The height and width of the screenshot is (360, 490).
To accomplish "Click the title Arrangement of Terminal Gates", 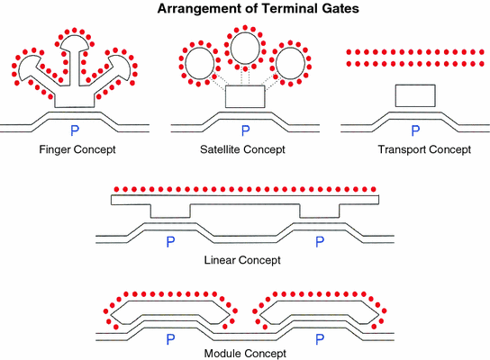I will point(245,11).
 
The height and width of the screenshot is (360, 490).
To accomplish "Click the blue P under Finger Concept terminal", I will point(81,130).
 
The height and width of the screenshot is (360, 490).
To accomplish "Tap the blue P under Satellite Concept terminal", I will point(245,130).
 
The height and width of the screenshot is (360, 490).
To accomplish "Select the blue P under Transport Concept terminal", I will point(415,130).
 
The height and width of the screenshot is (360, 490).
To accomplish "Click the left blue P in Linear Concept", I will point(168,241).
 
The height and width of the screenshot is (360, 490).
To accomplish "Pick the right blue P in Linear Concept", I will point(318,241).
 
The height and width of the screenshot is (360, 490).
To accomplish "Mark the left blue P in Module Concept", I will point(168,338).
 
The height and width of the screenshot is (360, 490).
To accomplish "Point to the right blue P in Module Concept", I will point(318,338).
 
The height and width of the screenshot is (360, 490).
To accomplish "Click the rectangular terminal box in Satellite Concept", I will point(245,97).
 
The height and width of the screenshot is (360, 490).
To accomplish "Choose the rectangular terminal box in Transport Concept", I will point(415,95).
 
